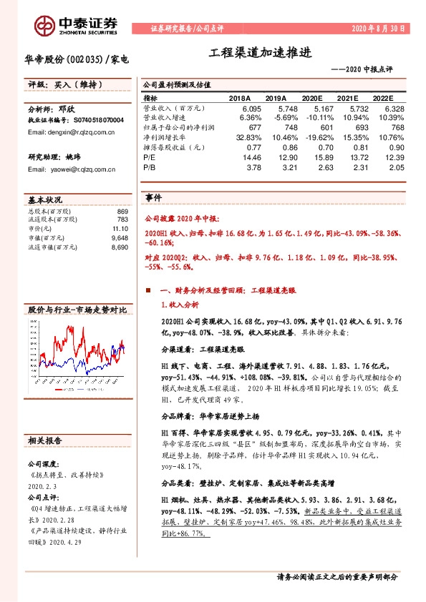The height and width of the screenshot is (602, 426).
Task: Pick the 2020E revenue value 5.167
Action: (314, 107)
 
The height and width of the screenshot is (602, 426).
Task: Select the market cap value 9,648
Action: (119, 237)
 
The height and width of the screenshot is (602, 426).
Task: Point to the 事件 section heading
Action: (153, 197)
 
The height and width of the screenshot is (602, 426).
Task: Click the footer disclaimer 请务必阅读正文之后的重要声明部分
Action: (337, 576)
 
